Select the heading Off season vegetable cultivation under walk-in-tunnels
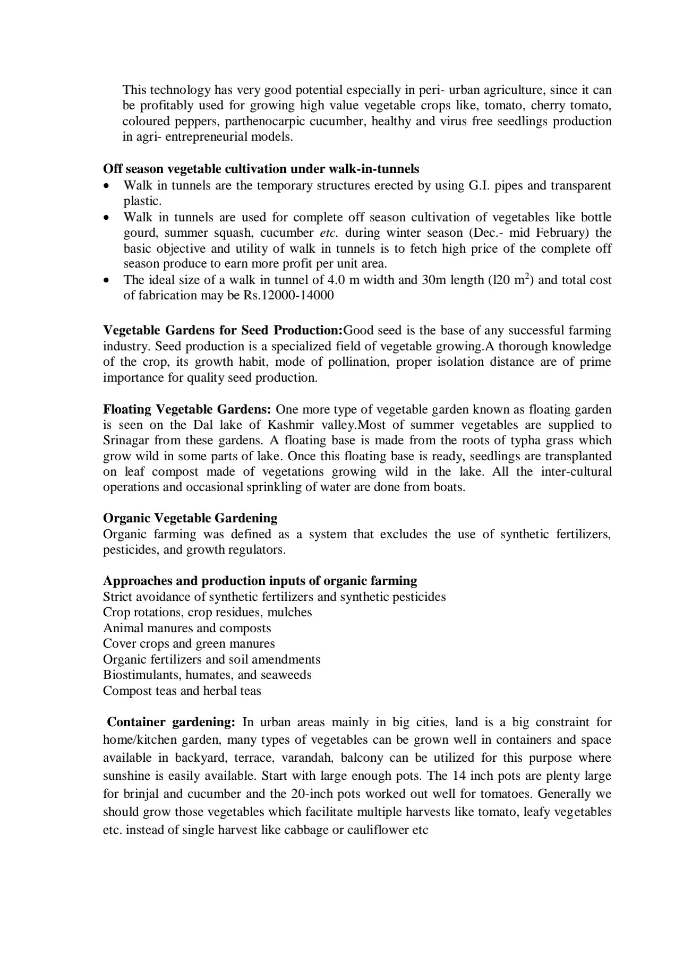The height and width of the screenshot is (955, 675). (x=261, y=169)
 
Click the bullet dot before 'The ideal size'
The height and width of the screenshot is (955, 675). (x=107, y=280)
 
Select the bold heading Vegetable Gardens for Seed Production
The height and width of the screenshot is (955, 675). (x=223, y=331)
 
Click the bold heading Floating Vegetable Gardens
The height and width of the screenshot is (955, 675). (x=187, y=410)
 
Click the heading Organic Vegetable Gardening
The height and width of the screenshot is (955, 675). (x=190, y=518)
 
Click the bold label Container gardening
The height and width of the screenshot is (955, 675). (x=171, y=722)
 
